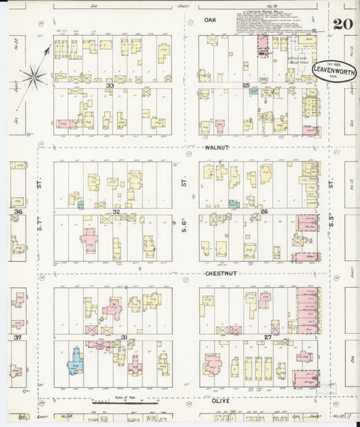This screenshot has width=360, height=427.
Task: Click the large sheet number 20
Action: [x=342, y=25]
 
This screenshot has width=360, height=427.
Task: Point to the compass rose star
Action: [x=33, y=76]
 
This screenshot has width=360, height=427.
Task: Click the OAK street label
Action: [x=210, y=20]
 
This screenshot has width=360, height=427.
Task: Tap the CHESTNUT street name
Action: [x=220, y=275]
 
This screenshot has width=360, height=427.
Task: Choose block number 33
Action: [x=108, y=85]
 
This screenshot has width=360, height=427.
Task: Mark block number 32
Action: [x=115, y=211]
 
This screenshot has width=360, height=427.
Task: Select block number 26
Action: [x=265, y=211]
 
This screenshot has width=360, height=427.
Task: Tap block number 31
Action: [x=124, y=337]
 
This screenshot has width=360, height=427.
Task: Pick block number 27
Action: [x=267, y=336]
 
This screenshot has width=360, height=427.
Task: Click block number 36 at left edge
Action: [x=18, y=211]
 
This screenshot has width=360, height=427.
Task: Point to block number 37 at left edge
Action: [x=18, y=337]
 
